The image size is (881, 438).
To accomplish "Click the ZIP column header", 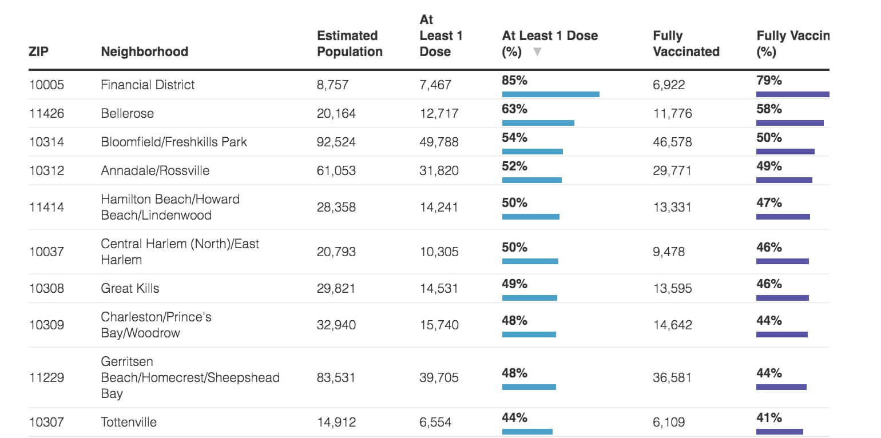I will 38,51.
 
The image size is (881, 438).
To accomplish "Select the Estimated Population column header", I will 350,43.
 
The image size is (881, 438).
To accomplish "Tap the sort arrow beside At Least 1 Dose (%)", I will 537,52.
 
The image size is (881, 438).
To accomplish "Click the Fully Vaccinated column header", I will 686,43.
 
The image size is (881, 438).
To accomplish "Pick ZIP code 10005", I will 46,85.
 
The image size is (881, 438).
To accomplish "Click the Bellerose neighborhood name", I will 127,113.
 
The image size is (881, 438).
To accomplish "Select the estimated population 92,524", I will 336,142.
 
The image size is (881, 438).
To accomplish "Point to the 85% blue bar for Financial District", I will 550,94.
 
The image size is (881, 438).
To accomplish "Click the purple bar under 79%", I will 792,94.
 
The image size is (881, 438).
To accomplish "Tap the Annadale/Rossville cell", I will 155,170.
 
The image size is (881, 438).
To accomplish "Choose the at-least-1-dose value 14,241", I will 439,207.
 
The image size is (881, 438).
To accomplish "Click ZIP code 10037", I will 46,252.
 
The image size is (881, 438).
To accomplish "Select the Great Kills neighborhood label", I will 130,288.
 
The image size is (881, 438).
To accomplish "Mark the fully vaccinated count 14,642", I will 672,325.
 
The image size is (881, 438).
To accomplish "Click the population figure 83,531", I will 336,377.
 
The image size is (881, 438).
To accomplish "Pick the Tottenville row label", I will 129,423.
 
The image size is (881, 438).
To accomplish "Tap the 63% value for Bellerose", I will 514,109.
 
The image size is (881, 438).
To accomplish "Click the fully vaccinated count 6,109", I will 669,423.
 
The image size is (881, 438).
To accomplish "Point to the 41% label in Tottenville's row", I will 769,417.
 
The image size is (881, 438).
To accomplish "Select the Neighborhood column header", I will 144,51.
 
